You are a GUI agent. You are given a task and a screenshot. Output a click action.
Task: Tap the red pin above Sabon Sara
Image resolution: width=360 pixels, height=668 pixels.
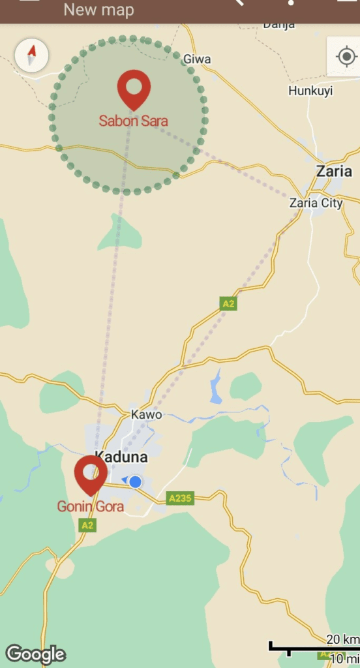pos(134,88)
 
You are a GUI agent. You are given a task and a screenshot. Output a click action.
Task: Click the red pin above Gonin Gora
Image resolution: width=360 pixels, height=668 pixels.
pos(91,473)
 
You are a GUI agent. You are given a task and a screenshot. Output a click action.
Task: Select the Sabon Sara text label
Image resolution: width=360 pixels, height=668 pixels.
pos(133,121)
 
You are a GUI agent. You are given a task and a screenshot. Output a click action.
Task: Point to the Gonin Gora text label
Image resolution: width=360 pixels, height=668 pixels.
pos(90,506)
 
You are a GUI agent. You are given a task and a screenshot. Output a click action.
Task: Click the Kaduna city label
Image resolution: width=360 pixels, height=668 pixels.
pos(121,457)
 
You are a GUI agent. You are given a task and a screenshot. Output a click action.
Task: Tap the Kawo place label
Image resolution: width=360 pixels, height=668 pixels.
pos(146,414)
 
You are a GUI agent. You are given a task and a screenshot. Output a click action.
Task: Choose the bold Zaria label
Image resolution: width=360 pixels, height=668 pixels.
pos(334,172)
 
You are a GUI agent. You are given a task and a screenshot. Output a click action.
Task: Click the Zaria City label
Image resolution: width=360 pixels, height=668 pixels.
pos(316,203)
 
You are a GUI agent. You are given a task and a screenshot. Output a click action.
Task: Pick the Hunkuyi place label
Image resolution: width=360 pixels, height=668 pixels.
pos(310,91)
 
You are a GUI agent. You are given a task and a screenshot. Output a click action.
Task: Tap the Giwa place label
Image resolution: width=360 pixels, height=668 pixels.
pos(197,59)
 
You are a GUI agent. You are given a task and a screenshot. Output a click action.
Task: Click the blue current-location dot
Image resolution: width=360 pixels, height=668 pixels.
pos(135,482)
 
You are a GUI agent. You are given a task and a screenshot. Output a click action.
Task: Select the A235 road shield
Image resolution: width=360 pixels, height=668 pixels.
pos(180,498)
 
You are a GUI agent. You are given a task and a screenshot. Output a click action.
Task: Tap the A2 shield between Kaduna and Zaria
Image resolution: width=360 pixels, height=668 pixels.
pos(228,303)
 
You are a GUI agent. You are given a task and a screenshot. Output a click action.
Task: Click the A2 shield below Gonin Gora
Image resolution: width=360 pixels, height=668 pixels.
pos(87,524)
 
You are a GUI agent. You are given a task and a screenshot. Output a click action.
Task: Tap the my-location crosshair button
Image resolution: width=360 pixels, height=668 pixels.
pos(346,57)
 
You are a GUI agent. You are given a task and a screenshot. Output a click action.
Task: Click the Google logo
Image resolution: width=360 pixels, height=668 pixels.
pos(35,654)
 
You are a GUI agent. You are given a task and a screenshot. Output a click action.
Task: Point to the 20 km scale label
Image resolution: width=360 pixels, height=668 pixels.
pos(343,639)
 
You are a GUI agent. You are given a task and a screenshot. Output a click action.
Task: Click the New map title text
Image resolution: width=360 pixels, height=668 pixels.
pos(98,9)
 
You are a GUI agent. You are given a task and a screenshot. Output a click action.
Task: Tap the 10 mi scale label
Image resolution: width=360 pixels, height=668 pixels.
pos(344,658)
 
